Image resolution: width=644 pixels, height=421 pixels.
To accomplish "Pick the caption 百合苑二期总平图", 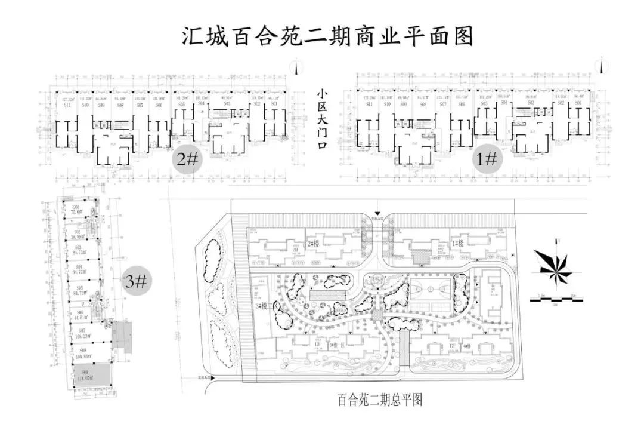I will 379,400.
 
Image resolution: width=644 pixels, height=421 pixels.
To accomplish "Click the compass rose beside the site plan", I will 553,266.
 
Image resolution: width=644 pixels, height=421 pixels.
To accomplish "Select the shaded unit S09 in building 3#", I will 92,375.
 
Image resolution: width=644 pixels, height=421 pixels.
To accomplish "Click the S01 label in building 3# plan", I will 76,207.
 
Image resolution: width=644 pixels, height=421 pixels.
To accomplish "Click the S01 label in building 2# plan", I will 274,104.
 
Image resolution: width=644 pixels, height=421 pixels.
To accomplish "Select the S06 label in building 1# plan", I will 462,105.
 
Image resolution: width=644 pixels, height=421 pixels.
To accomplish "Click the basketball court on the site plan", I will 430,290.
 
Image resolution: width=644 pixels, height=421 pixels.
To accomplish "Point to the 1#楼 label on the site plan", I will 458,244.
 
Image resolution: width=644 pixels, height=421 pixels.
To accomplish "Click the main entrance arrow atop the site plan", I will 377,216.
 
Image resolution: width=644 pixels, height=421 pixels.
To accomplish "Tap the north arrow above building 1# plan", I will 603,63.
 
